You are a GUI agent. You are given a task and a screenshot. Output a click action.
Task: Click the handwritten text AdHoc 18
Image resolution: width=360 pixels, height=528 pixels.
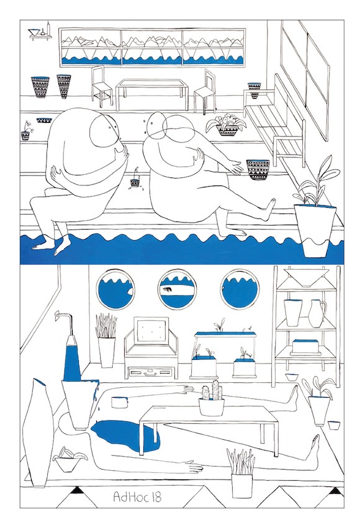coord(137,497)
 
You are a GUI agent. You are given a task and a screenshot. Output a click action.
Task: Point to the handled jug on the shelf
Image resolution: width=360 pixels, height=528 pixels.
coord(317,313)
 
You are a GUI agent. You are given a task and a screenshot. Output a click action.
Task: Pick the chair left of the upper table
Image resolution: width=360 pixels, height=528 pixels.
coord(102,86)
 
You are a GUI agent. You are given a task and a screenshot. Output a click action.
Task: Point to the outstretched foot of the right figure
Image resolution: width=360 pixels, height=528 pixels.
coord(269,209)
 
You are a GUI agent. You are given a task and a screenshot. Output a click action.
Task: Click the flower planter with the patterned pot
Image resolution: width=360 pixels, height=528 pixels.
coord(227,125)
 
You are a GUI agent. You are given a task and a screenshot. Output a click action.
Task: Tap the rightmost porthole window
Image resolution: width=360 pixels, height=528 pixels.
coord(240,289)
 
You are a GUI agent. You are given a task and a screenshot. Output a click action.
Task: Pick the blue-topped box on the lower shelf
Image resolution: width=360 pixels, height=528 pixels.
coord(305,347)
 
